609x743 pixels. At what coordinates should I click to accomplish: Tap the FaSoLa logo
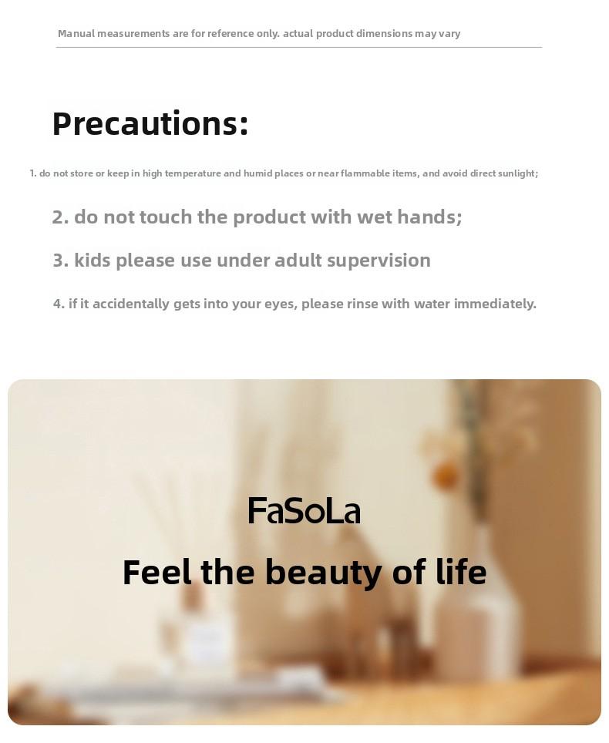(304, 511)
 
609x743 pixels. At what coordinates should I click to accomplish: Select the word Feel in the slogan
(156, 573)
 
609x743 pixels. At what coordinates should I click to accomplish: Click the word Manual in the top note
(75, 33)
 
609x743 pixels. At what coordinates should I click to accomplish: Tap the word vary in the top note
(449, 33)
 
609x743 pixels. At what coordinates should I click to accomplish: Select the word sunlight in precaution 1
(518, 173)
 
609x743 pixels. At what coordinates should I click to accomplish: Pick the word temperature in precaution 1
(192, 173)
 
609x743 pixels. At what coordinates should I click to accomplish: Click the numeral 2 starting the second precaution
(58, 217)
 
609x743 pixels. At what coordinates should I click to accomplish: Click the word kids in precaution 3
(93, 261)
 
